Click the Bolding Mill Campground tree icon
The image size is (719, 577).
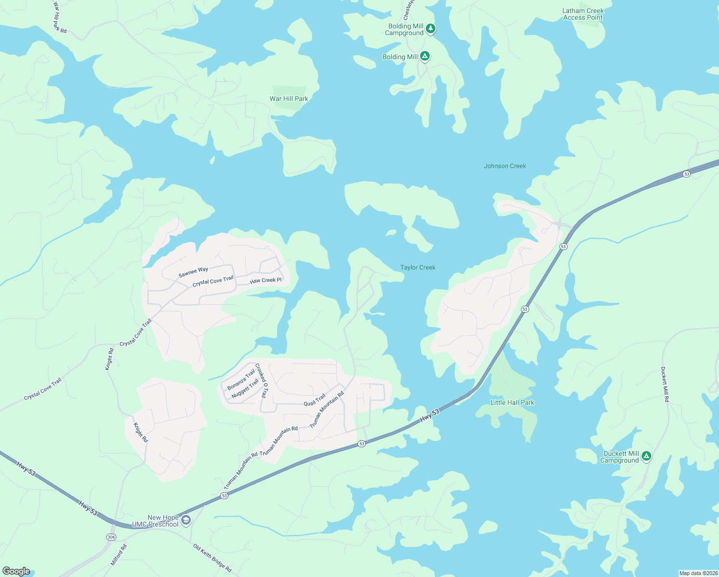pyautogui.click(x=431, y=28)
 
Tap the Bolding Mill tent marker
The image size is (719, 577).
pyautogui.click(x=424, y=56)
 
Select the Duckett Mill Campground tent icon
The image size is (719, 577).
pyautogui.click(x=646, y=456)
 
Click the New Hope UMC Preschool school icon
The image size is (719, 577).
pyautogui.click(x=186, y=520)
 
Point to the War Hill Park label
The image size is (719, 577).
pyautogui.click(x=289, y=99)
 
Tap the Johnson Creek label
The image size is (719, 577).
pyautogui.click(x=505, y=166)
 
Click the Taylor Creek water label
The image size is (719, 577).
pyautogui.click(x=418, y=267)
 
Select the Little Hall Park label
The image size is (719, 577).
pyautogui.click(x=512, y=402)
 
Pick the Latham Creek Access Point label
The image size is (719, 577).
pyautogui.click(x=583, y=14)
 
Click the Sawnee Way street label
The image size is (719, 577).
pyautogui.click(x=193, y=272)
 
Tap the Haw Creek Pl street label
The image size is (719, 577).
pyautogui.click(x=266, y=280)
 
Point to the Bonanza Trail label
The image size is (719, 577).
pyautogui.click(x=241, y=380)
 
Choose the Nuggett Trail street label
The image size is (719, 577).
pyautogui.click(x=245, y=389)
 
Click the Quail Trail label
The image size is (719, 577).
pyautogui.click(x=314, y=400)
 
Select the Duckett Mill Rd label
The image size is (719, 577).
pyautogui.click(x=665, y=384)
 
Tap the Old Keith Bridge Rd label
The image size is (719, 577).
pyautogui.click(x=212, y=558)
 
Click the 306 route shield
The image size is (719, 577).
pyautogui.click(x=111, y=537)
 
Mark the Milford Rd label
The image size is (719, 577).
pyautogui.click(x=119, y=555)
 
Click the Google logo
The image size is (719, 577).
pyautogui.click(x=16, y=571)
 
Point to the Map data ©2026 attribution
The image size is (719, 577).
pyautogui.click(x=698, y=573)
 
